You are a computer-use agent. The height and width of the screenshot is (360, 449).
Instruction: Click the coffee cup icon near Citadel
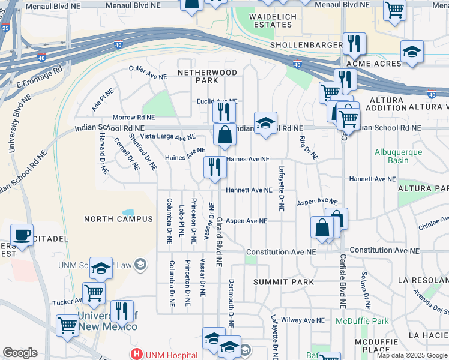[22, 235]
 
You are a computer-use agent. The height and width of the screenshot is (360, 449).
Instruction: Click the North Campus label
[119, 219]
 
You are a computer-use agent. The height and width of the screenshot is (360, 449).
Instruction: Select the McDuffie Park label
[362, 321]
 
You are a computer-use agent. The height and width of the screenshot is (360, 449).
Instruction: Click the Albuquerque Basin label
[398, 156]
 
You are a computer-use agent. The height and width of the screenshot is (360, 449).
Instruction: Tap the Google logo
[20, 353]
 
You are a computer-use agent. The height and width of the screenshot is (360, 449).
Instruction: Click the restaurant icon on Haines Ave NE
[215, 167]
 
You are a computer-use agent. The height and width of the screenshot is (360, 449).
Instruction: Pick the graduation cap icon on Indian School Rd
[265, 123]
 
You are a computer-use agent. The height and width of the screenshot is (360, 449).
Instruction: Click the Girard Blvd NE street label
[220, 242]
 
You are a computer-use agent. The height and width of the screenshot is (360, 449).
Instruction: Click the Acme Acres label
[366, 64]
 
